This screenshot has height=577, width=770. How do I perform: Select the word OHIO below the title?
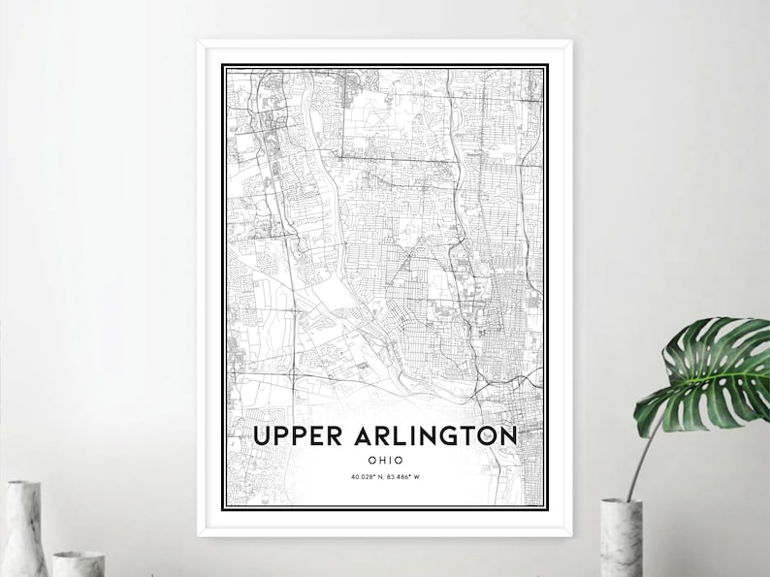(385, 459)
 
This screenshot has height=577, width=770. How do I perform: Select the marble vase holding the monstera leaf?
(621, 537)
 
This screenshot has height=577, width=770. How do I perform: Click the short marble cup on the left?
(79, 563)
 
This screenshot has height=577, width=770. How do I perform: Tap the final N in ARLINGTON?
(506, 436)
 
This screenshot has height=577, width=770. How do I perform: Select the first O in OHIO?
(371, 459)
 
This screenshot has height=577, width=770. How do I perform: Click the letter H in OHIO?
(381, 459)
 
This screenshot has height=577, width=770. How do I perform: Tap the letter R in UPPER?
(333, 436)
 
